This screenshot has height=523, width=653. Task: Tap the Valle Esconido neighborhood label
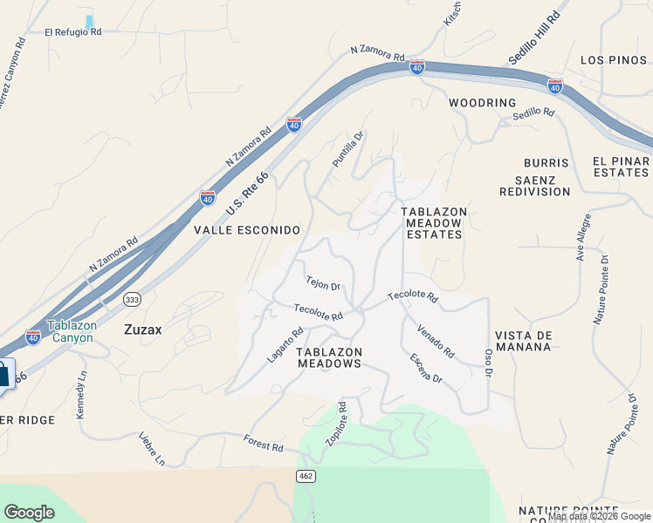[247, 230]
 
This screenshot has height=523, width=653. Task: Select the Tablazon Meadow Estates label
[434, 223]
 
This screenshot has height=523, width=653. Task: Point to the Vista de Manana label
[523, 341]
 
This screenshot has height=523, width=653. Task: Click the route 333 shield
[132, 299]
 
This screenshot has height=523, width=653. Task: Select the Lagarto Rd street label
[285, 344]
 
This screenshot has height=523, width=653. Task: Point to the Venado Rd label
[436, 342]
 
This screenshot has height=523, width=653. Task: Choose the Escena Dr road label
[427, 368]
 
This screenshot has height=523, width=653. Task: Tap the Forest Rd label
[264, 446]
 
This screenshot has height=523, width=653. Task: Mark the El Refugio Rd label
[73, 32]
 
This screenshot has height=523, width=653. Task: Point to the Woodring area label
[483, 103]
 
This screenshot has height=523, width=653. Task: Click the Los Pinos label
[615, 60]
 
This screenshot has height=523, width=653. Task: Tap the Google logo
[29, 512]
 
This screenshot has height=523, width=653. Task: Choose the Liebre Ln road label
[151, 448]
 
